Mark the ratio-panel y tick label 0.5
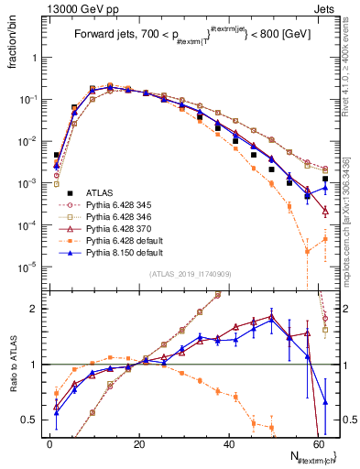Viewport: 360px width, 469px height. [x=31, y=419]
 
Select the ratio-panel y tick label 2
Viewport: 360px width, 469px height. [x=35, y=309]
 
